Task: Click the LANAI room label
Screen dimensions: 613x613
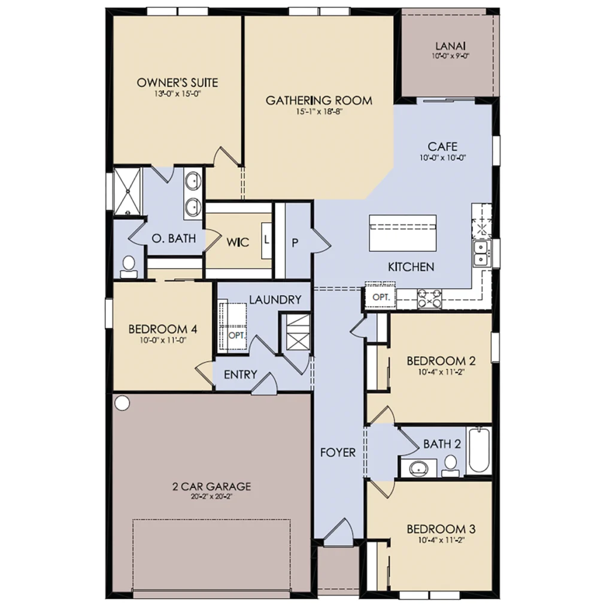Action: click(450, 46)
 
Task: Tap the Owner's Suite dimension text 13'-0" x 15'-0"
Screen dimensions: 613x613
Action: click(177, 94)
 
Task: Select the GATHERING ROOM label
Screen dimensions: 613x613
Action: click(319, 101)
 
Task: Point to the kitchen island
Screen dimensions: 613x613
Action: click(403, 233)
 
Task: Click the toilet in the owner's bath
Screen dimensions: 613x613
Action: click(128, 266)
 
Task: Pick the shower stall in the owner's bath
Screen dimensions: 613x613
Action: click(127, 192)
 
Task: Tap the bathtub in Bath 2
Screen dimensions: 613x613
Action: click(479, 450)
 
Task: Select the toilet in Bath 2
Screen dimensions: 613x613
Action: click(451, 466)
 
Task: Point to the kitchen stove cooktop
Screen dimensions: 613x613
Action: click(429, 299)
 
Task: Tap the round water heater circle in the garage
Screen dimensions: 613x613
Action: click(122, 403)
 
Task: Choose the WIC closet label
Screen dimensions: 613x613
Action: click(238, 242)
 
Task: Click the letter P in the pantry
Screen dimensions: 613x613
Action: click(295, 243)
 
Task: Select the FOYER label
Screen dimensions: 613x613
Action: click(338, 453)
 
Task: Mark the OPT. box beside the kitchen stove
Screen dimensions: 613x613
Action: click(381, 297)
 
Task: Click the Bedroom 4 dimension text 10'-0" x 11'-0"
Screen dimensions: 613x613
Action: click(163, 340)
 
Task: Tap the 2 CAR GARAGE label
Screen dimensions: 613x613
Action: click(211, 486)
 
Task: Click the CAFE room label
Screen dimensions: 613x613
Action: click(442, 147)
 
